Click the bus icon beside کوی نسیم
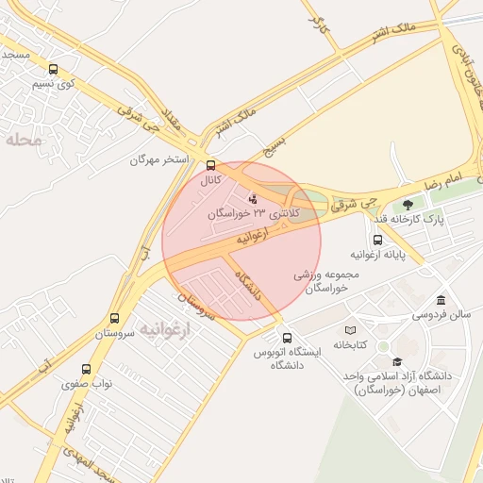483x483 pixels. coord(53,69)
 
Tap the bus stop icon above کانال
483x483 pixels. coord(210,163)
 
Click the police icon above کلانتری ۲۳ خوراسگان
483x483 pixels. coord(253,199)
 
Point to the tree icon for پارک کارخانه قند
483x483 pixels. coord(408,204)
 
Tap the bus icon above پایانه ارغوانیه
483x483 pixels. coord(377,240)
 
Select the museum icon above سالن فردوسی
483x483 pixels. coord(441,299)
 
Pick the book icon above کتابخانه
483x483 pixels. coord(350,330)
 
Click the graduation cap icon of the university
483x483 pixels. coord(397,361)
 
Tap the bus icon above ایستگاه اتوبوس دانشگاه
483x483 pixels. coord(287,338)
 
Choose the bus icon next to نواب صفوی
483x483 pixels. coord(87,370)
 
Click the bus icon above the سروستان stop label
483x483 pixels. coord(114,319)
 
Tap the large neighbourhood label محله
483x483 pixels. coord(24,141)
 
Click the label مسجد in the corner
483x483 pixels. coord(16,55)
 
